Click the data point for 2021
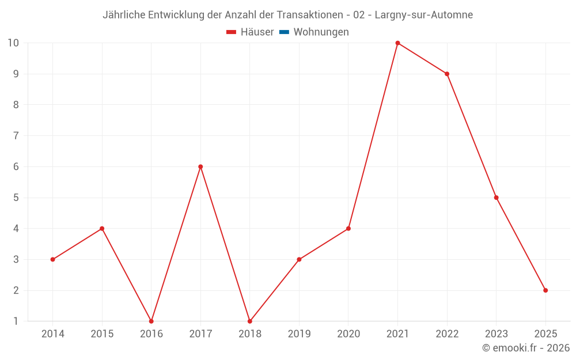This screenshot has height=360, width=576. (397, 43)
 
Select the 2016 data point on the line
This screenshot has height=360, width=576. (151, 321)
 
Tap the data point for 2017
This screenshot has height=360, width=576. (200, 166)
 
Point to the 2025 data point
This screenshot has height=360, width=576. (545, 290)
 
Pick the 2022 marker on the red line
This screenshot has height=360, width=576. (447, 74)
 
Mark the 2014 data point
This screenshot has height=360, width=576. (53, 259)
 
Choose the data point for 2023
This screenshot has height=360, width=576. (496, 198)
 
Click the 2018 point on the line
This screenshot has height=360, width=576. (250, 321)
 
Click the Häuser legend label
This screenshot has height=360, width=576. (257, 32)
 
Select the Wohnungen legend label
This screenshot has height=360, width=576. (321, 32)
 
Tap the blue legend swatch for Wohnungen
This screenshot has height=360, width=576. (284, 32)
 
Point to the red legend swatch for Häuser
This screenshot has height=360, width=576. (232, 32)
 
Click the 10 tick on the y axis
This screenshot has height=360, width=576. (13, 43)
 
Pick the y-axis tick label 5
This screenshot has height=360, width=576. (16, 198)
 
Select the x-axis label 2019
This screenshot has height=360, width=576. (299, 334)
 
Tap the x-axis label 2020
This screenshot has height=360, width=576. (348, 334)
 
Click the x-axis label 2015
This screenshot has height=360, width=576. (102, 334)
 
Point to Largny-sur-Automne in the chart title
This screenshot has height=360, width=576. (423, 15)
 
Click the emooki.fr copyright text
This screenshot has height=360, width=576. (526, 348)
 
